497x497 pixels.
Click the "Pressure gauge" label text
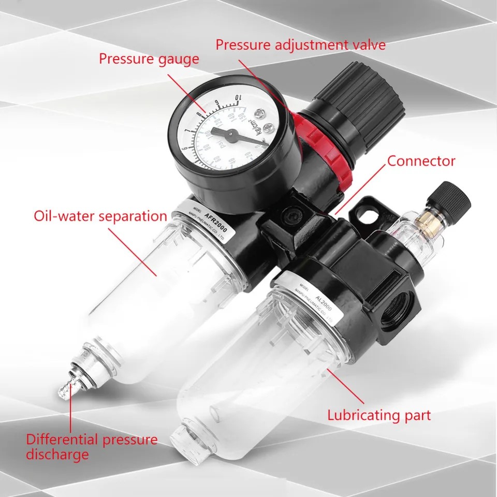coord(149,59)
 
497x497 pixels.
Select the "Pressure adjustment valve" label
coord(300,45)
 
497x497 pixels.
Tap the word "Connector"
coord(421,161)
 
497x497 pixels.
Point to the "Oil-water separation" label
coord(100,216)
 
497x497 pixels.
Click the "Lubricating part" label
coord(378,415)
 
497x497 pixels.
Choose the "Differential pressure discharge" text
coord(92,447)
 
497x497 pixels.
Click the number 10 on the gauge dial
coord(238,98)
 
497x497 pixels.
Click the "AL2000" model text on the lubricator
coord(319,297)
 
